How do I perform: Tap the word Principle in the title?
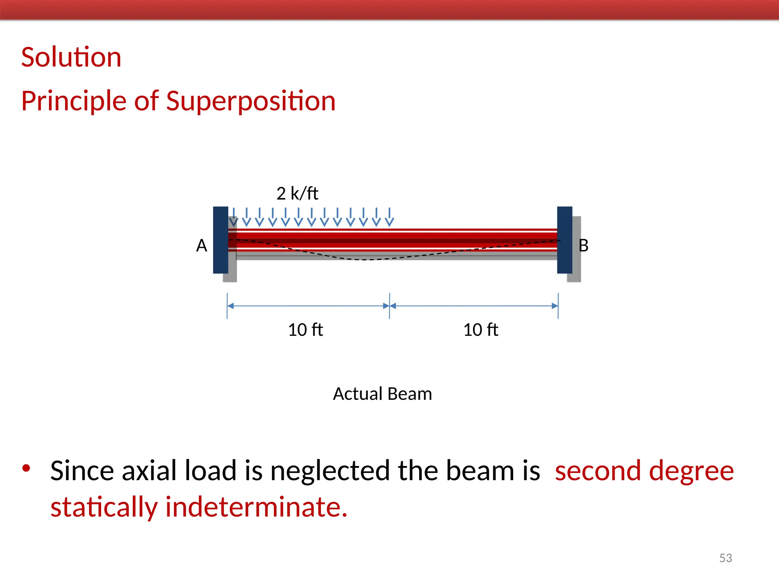coord(74,101)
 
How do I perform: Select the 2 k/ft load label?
coord(297,194)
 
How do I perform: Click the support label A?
coord(202,246)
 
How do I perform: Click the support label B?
coord(583,246)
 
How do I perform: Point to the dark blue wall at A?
coord(220,240)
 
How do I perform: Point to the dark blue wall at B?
coord(564,240)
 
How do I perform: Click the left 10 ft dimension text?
coord(305,330)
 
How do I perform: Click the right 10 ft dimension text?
coord(480,330)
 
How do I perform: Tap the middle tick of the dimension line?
coord(389,306)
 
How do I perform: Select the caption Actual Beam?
coord(382,394)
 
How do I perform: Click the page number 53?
coord(725,558)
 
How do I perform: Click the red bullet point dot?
coord(26,468)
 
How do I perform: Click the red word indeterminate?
coord(256,507)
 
